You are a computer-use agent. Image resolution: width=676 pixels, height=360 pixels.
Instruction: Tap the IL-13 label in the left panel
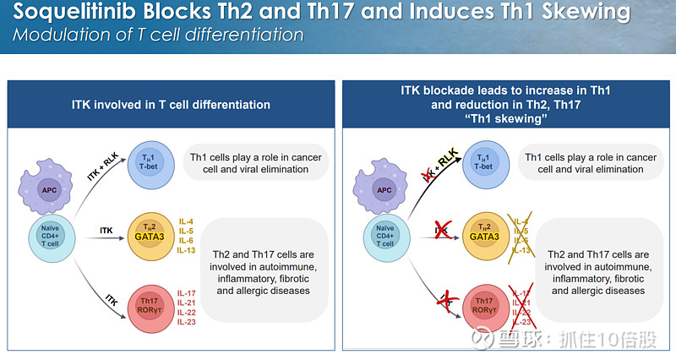(x=188, y=250)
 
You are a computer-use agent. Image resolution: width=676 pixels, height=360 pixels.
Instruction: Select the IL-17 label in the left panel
(x=188, y=292)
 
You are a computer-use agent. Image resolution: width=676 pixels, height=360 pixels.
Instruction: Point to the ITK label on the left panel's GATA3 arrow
(x=106, y=228)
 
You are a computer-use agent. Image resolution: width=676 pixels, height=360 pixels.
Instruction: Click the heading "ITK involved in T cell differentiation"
(x=171, y=105)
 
